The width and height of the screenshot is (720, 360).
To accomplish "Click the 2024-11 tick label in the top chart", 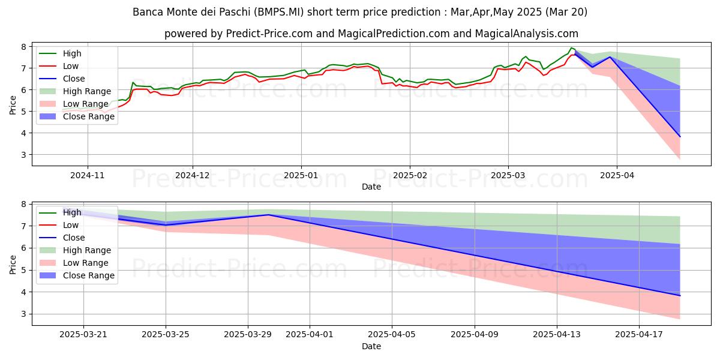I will point(88,176).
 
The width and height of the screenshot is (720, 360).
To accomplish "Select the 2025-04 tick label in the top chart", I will point(616,176).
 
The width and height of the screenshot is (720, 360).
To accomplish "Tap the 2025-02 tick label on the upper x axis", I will point(410,176).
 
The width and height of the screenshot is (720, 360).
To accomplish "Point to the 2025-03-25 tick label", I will point(166,334).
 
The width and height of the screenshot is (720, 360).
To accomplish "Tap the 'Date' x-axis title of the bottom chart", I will point(371,346).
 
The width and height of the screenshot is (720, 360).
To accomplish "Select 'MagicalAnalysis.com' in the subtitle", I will point(527,34).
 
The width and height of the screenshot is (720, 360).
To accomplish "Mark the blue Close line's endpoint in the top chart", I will point(680,137).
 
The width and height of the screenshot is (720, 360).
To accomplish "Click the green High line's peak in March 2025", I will point(571,47).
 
